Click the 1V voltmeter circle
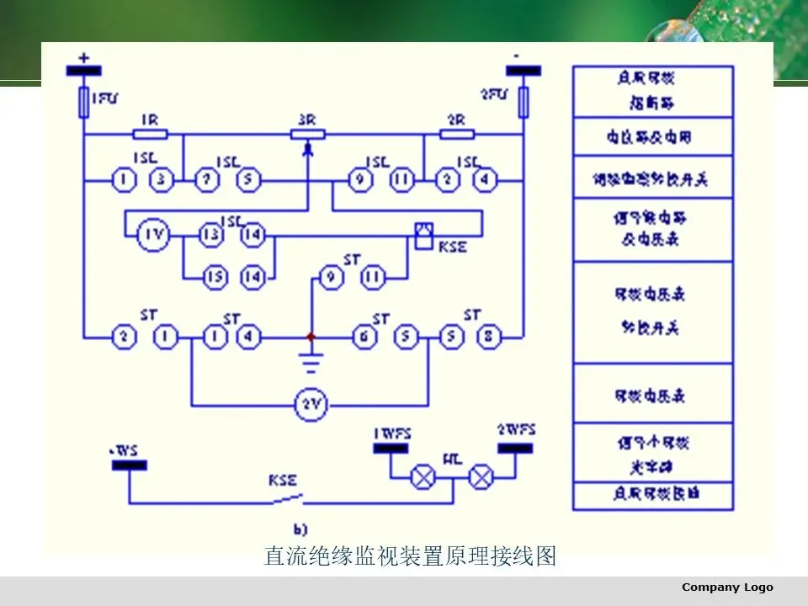(x=153, y=237)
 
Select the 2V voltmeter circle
(x=309, y=406)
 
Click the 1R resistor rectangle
(x=151, y=134)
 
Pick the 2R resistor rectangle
(x=458, y=134)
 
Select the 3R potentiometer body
(x=308, y=134)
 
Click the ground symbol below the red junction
(x=311, y=363)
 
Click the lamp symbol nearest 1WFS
(x=420, y=478)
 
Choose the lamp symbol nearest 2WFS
(x=481, y=478)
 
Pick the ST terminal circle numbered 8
(x=489, y=338)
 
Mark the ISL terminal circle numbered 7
(x=205, y=179)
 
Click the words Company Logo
(x=727, y=587)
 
